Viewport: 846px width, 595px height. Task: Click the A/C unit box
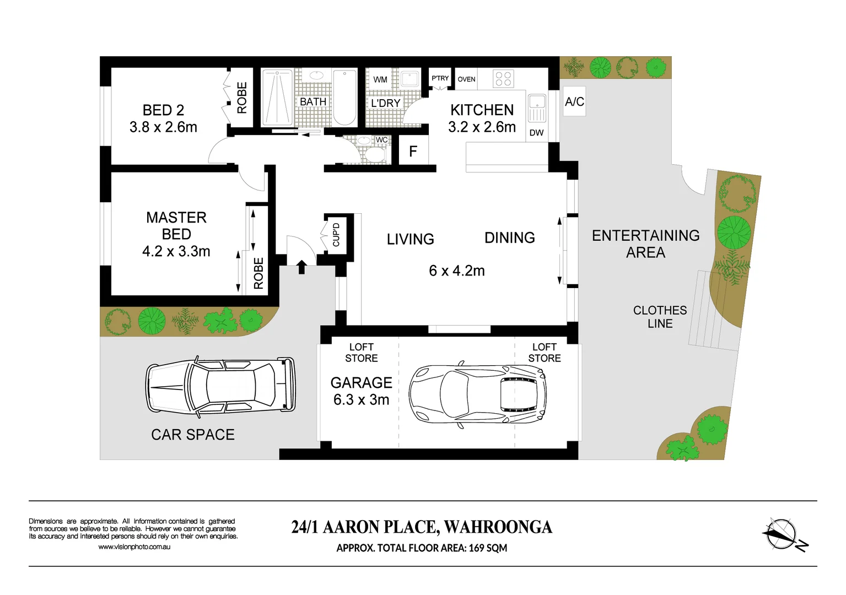pos(574,101)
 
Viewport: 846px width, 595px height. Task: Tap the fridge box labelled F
pos(413,150)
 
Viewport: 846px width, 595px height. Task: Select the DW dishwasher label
pos(536,133)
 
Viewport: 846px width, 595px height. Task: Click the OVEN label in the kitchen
pos(466,79)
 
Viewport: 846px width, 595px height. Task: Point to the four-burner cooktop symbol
pos(503,79)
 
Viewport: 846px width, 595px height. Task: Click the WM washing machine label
pos(380,80)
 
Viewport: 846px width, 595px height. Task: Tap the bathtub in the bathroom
pos(344,98)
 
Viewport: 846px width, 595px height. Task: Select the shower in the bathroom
pos(277,98)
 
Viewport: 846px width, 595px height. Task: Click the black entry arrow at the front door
pos(301,267)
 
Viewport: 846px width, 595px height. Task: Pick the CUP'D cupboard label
pos(336,235)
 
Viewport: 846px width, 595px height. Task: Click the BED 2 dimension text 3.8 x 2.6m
pos(164,127)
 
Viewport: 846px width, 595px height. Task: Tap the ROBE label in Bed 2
pos(242,98)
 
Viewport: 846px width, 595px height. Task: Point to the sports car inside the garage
pos(477,394)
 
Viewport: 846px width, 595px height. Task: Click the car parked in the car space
pos(220,388)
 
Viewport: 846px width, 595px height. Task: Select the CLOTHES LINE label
pos(660,317)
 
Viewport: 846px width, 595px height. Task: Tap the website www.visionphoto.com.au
pos(134,547)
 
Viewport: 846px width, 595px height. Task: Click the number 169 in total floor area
pos(477,548)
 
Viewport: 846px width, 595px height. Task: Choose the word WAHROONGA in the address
pos(498,527)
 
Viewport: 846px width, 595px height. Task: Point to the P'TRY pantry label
pos(440,78)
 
